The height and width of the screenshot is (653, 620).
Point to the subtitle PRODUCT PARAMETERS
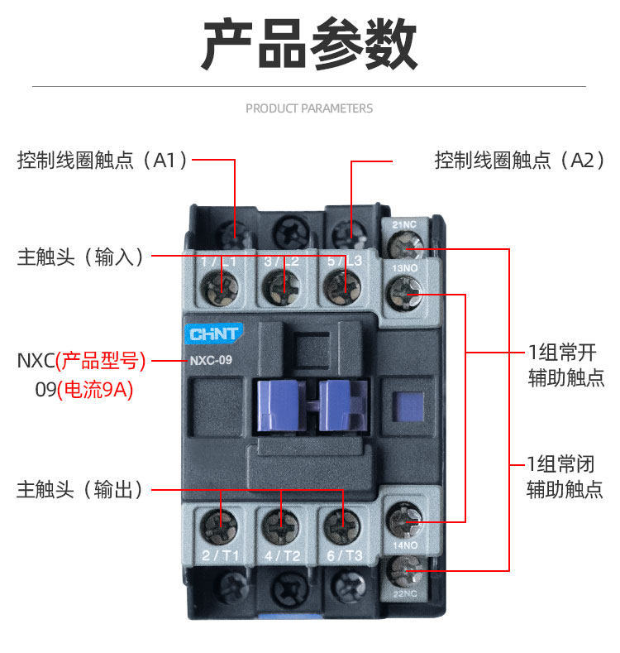(309, 108)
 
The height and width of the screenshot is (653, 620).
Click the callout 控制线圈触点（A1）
(103, 161)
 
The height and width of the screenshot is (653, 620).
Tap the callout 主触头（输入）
(80, 257)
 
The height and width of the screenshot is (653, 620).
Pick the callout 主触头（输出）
(80, 490)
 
